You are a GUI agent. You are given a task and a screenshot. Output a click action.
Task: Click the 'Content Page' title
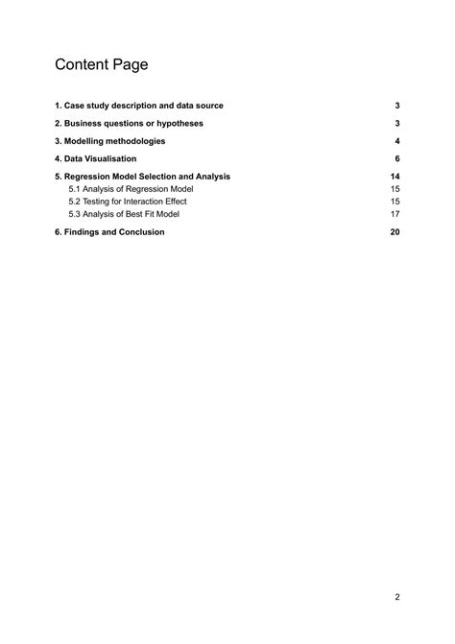click(101, 65)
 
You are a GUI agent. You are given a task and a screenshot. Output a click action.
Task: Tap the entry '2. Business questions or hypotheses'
click(129, 124)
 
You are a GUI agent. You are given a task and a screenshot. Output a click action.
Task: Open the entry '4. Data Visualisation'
click(95, 158)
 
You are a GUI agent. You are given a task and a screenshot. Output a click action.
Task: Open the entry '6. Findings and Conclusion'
click(109, 232)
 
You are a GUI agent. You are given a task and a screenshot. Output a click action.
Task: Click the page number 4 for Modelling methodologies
click(396, 141)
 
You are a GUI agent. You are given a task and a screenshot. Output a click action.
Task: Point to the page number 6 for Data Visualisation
click(396, 158)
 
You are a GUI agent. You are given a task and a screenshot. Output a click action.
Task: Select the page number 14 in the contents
click(395, 177)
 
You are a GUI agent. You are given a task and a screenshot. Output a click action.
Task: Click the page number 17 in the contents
click(395, 214)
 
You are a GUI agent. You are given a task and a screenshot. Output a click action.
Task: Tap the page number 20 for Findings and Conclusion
click(395, 232)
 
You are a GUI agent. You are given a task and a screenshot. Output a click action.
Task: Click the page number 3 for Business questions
click(396, 124)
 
